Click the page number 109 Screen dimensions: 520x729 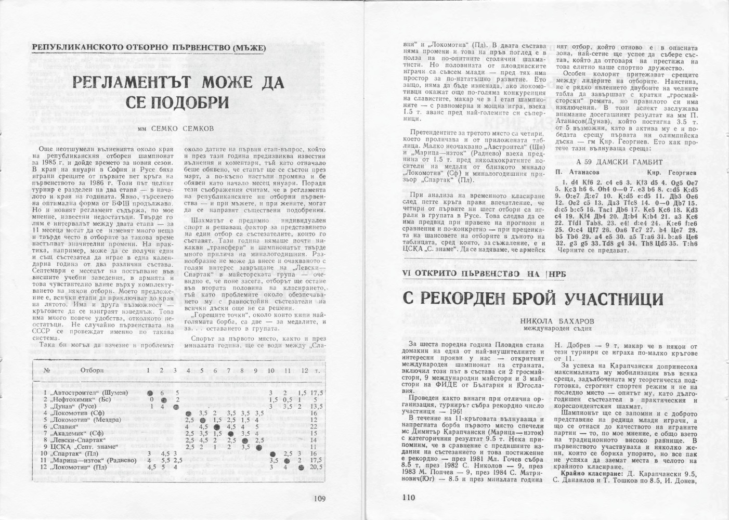(319, 499)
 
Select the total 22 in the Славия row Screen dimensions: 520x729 (314, 426)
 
